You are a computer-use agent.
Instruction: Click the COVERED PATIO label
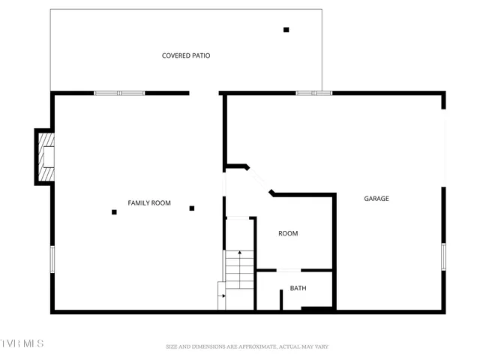click(x=186, y=55)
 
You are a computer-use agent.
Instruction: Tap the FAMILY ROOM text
click(x=149, y=203)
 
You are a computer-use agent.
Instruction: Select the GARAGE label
click(x=376, y=199)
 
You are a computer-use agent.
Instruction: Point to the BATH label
click(x=298, y=288)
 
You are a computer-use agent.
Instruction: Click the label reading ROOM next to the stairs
click(x=288, y=233)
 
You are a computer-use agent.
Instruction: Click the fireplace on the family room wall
click(x=46, y=156)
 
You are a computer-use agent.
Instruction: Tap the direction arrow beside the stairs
click(x=223, y=295)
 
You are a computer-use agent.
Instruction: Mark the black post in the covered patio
click(x=286, y=30)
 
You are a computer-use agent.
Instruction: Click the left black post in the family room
click(x=114, y=212)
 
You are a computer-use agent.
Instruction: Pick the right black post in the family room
click(x=192, y=208)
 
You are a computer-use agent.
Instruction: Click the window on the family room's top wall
click(x=119, y=93)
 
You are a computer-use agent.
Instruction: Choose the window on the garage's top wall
click(x=313, y=93)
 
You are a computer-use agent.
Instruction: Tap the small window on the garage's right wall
click(x=443, y=256)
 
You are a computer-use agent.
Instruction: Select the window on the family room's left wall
click(x=52, y=259)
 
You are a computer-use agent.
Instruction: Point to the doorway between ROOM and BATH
click(x=289, y=270)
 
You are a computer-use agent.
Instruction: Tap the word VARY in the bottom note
click(x=321, y=346)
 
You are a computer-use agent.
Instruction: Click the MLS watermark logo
click(x=22, y=343)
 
